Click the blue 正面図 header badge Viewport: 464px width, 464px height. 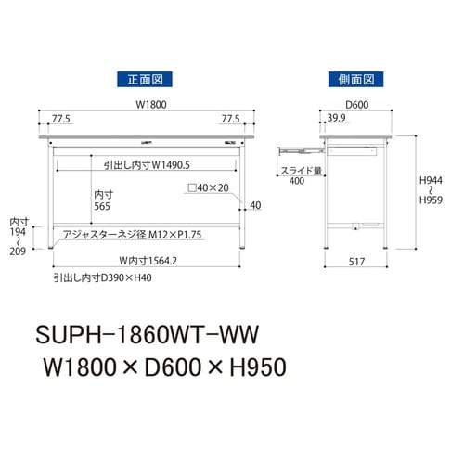click(145, 79)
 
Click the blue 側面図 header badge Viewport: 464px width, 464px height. click(355, 79)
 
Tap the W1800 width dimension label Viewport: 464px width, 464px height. click(151, 105)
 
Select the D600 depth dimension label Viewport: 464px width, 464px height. click(357, 105)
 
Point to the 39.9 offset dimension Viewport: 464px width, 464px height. click(337, 118)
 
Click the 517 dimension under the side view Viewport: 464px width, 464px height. click(356, 262)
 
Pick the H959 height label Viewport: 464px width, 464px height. click(431, 200)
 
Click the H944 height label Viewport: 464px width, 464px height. click(431, 180)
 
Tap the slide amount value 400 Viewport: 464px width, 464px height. click(297, 181)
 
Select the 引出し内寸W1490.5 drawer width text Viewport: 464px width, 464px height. click(147, 165)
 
